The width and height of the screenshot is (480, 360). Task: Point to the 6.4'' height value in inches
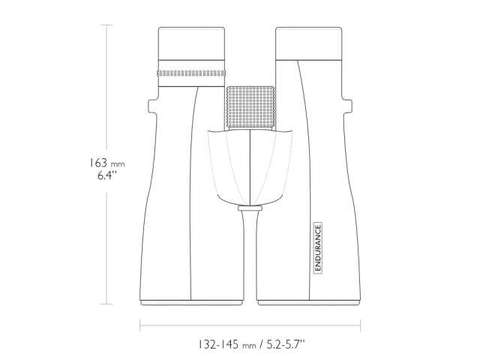pyautogui.click(x=106, y=178)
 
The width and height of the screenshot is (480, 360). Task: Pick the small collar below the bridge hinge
pyautogui.click(x=250, y=208)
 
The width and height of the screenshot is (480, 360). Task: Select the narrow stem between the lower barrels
pyautogui.click(x=250, y=247)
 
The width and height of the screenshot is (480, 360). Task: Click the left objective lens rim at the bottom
pyautogui.click(x=190, y=301)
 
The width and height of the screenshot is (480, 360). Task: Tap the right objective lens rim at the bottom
pyautogui.click(x=309, y=301)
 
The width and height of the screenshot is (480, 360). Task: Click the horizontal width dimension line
pyautogui.click(x=250, y=325)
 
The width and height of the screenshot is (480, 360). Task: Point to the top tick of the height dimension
pyautogui.click(x=107, y=25)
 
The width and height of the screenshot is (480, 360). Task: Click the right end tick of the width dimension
pyautogui.click(x=361, y=325)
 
